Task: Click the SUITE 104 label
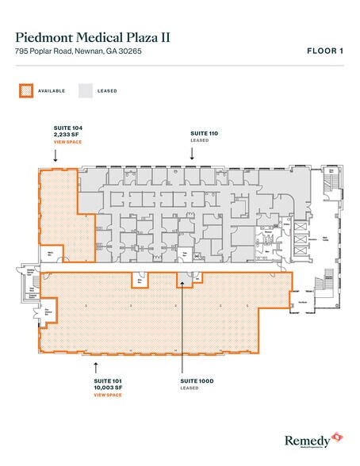coord(61,127)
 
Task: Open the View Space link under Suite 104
coord(62,142)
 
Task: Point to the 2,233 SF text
coord(62,134)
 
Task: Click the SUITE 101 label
coord(106,380)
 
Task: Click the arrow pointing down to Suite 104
coord(55,157)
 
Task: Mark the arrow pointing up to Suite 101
coord(97,366)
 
